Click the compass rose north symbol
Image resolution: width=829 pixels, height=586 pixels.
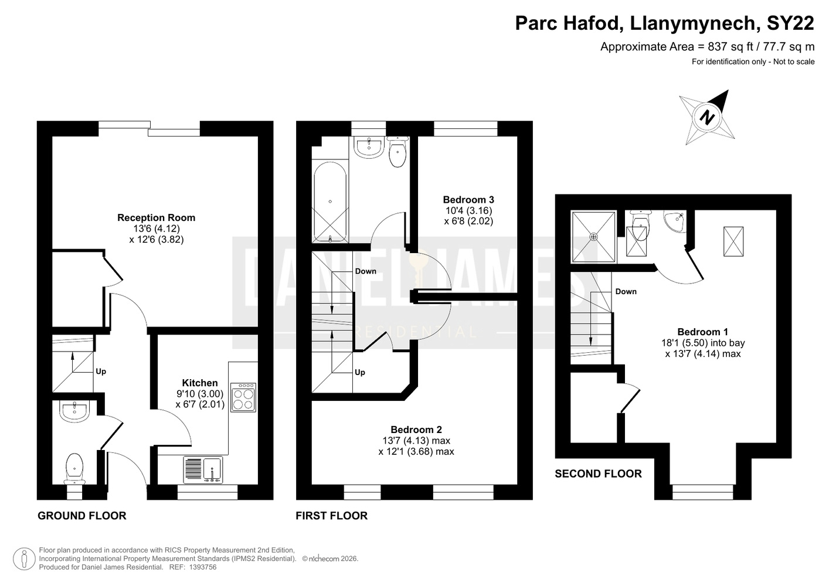point(707,118)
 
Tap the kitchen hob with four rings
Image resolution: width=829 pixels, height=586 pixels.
point(243,397)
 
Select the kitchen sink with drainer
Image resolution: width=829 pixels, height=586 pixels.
point(203,470)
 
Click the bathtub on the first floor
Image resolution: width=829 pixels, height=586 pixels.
point(330,202)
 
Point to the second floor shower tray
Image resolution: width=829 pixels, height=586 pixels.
point(594,237)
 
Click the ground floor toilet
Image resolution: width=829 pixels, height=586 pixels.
point(74,469)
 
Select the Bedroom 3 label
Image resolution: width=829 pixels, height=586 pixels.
point(468,200)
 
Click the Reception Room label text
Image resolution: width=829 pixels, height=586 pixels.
point(156,217)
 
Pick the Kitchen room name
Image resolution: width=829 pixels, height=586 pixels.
point(200,383)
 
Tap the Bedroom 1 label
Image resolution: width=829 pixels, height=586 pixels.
point(703,332)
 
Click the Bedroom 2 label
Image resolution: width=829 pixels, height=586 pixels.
point(416,430)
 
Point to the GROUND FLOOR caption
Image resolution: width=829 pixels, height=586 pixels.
point(82,516)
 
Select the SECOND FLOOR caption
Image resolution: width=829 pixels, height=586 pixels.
point(599,474)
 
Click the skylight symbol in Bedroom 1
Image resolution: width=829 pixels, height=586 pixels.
point(733,241)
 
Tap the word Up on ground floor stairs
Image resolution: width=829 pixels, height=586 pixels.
point(101,372)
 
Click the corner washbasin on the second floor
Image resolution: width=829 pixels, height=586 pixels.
point(675,222)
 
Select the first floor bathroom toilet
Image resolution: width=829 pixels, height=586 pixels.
point(397,151)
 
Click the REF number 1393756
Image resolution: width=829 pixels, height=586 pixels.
point(203,567)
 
